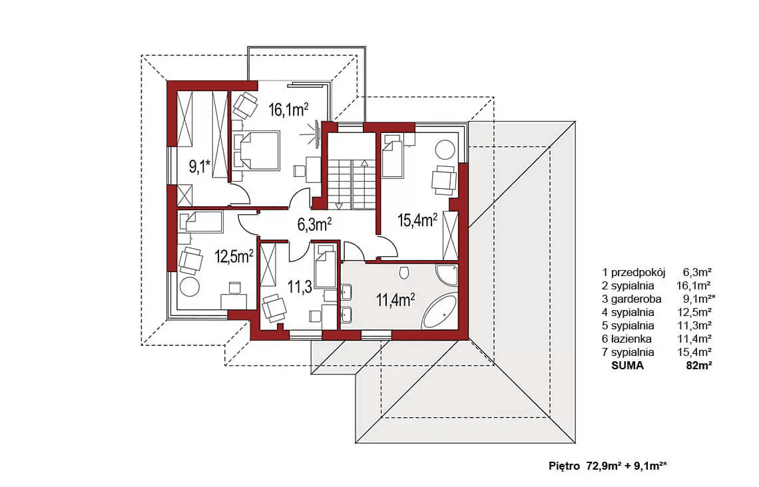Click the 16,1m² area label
click(x=288, y=110)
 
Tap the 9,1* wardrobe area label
click(x=200, y=168)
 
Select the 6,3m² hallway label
click(x=314, y=224)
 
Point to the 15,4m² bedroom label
click(x=417, y=220)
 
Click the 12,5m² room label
click(x=234, y=256)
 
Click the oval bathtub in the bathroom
click(x=439, y=313)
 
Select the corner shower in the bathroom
click(x=446, y=274)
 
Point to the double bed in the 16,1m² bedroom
click(x=256, y=150)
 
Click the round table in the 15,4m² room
click(x=444, y=150)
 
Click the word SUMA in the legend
click(x=627, y=366)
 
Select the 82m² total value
click(x=698, y=366)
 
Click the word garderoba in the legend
click(x=636, y=299)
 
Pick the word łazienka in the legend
click(x=631, y=339)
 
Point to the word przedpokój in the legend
click(x=638, y=272)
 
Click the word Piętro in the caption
click(x=565, y=466)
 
